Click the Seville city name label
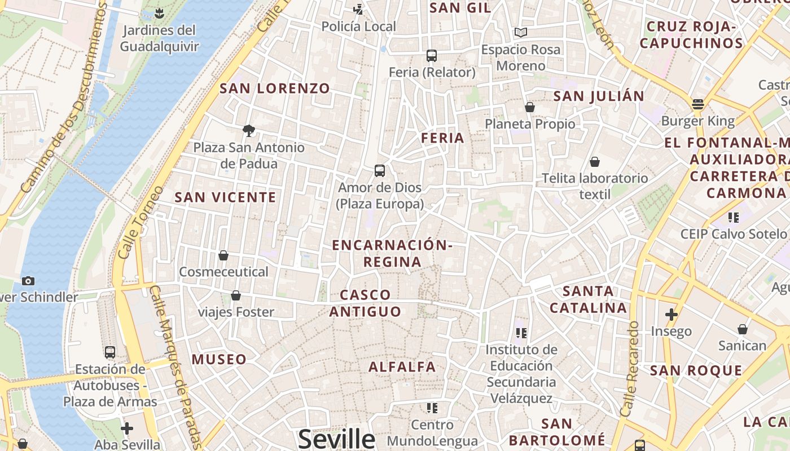point(336,439)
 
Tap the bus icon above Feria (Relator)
point(432,56)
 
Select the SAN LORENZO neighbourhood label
point(275,89)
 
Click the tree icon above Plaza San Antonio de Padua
point(248,131)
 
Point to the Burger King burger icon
point(698,104)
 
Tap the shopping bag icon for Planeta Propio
point(530,107)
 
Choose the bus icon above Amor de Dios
point(380,171)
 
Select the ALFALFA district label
point(402,367)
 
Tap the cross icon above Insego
point(671,314)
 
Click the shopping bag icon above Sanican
point(743,329)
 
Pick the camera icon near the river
point(28,281)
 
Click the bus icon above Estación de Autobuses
point(110,352)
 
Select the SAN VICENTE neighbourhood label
point(226,197)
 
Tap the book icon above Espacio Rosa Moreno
point(520,33)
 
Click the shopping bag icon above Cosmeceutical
point(223,255)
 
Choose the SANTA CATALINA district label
point(589,299)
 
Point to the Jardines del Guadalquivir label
point(160,38)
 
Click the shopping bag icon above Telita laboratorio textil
point(595,162)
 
